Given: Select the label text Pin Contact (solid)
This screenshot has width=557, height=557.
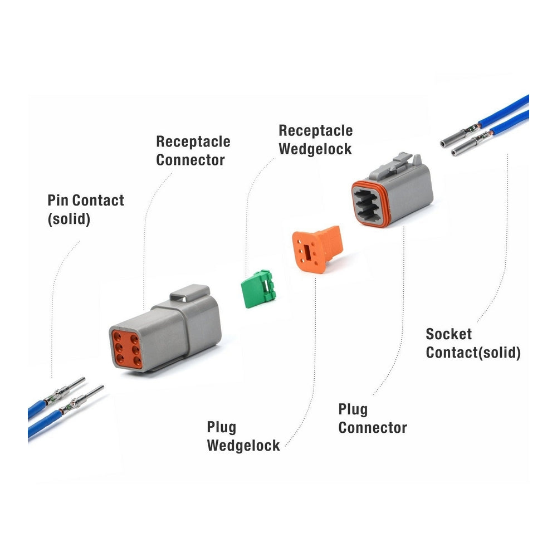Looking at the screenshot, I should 85,209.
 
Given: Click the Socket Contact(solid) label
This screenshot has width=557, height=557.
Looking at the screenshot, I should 473,343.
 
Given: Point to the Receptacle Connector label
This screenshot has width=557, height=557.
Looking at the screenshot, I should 193,150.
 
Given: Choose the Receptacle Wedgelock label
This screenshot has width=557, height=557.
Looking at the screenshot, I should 315,139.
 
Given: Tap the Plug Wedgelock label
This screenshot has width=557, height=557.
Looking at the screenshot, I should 243,437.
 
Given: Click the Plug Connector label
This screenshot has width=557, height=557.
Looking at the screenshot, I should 372,419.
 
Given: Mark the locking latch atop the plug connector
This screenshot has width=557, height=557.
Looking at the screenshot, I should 400,162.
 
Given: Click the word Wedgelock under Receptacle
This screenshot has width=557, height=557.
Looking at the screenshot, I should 315,149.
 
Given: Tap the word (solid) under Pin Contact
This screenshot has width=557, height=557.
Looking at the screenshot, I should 69,219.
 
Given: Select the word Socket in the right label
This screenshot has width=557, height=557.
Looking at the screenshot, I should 448,334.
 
